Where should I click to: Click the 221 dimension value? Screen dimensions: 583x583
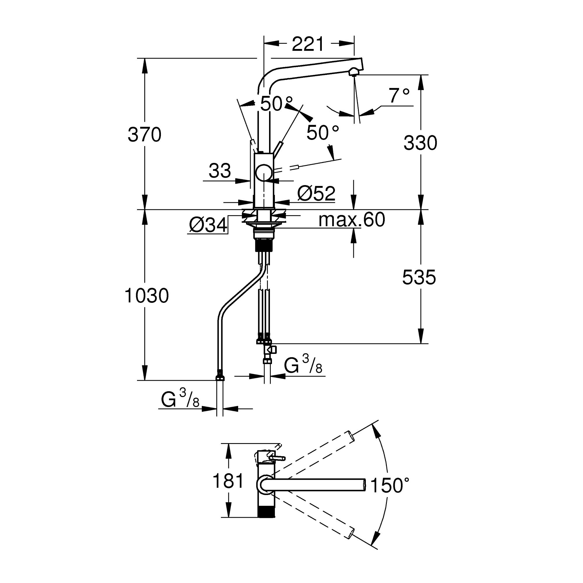[308, 44]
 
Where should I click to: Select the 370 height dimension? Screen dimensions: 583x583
[145, 135]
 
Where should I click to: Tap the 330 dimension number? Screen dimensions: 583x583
[420, 143]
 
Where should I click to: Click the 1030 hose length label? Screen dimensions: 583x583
[147, 295]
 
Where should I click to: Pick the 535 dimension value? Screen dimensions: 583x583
[419, 277]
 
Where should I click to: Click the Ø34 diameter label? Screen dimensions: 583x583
[208, 225]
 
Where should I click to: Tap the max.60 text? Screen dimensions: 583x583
[352, 220]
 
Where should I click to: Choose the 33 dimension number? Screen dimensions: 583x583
[220, 171]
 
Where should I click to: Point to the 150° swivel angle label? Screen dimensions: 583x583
[389, 485]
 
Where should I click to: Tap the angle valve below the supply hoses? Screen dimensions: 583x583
[270, 350]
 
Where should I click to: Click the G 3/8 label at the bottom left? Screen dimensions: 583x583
[180, 400]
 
